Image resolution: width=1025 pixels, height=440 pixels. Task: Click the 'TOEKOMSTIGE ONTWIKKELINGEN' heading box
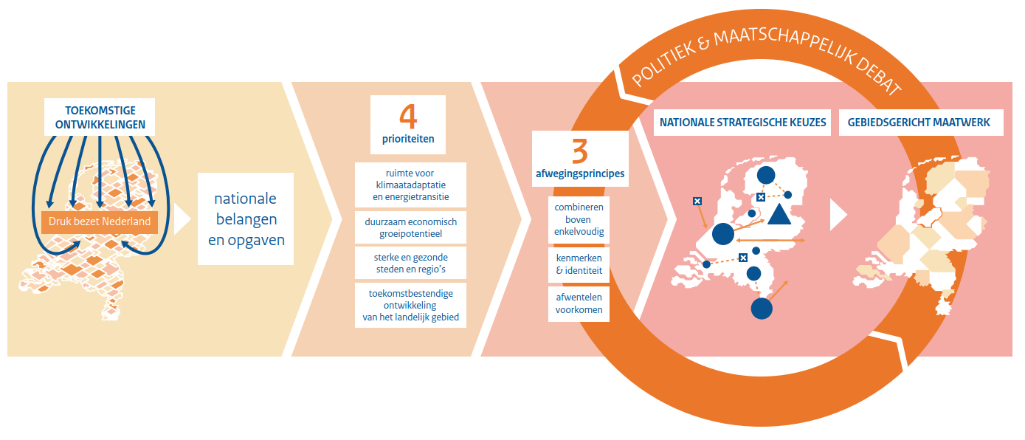pos(100,117)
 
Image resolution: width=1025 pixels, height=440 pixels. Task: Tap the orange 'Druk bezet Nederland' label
pos(100,222)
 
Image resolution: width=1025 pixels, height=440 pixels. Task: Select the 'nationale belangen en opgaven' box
pos(246,219)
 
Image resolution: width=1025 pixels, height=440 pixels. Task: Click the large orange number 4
pos(408,117)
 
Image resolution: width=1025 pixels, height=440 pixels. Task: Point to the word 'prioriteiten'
pos(408,139)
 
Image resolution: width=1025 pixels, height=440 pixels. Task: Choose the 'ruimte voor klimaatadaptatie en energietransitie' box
pos(410,185)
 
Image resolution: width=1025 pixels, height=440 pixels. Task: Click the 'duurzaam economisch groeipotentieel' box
pos(410,227)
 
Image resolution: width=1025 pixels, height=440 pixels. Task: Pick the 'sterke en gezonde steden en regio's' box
pos(410,264)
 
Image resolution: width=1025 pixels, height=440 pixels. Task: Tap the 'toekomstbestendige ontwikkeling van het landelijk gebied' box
pos(410,306)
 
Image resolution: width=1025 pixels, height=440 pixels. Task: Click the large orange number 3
pos(580,151)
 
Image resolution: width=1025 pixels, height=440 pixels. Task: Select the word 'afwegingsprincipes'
pos(580,174)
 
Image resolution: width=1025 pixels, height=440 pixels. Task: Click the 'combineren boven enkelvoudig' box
pos(579,220)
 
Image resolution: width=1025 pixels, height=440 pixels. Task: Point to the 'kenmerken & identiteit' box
pos(579,264)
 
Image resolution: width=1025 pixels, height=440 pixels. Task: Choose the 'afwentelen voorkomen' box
pos(579,304)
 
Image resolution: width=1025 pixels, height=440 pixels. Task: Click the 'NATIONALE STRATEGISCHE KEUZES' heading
pos(742,123)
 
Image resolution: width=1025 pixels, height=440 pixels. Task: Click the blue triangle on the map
pos(779,215)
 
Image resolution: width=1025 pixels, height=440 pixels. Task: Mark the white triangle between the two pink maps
pos(838,215)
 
